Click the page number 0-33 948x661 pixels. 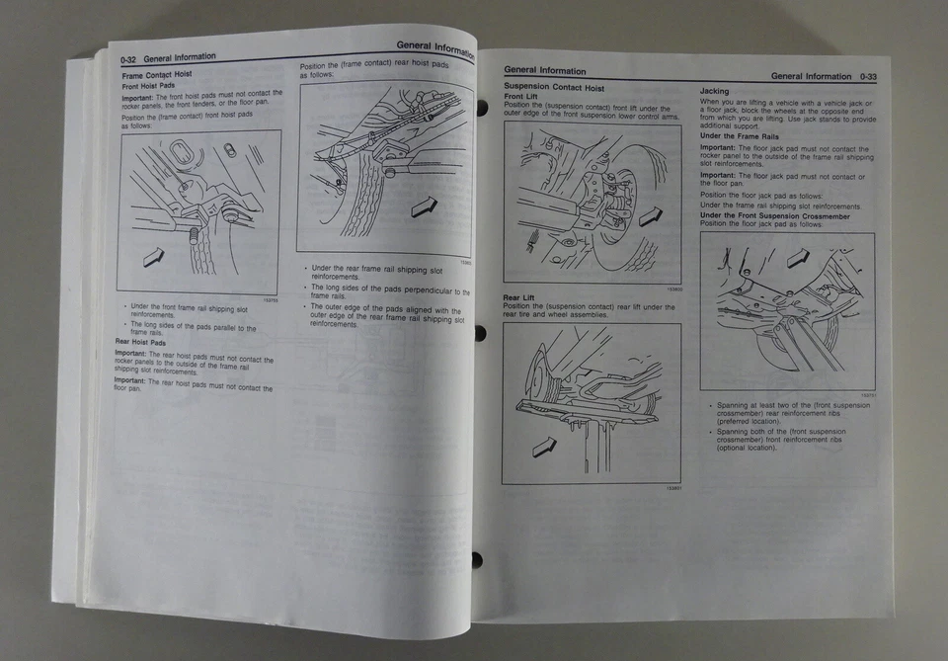click(x=868, y=76)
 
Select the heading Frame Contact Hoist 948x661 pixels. click(x=156, y=74)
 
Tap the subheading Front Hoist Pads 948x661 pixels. click(x=148, y=86)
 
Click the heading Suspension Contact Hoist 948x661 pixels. click(x=554, y=88)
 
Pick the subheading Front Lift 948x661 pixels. click(x=520, y=97)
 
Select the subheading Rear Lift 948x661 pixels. click(x=519, y=297)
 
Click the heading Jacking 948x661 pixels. click(x=715, y=91)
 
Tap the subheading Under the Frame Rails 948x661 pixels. click(x=740, y=136)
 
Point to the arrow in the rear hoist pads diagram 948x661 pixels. click(x=424, y=206)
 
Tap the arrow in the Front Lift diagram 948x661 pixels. click(x=649, y=215)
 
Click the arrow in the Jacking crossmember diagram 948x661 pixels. click(x=798, y=259)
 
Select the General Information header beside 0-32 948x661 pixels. click(x=180, y=58)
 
